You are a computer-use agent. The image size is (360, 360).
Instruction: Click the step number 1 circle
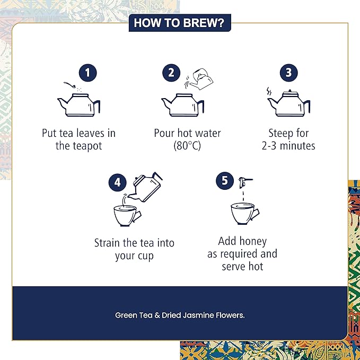pyautogui.click(x=87, y=73)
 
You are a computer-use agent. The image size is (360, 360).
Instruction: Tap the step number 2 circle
pyautogui.click(x=171, y=73)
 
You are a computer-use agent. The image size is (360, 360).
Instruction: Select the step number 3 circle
pyautogui.click(x=289, y=73)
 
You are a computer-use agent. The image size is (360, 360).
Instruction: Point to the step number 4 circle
pyautogui.click(x=117, y=182)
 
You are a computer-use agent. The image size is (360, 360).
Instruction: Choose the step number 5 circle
pyautogui.click(x=225, y=181)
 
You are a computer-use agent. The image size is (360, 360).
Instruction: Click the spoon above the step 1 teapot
pyautogui.click(x=69, y=84)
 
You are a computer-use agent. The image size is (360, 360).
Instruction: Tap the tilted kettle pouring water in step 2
pyautogui.click(x=202, y=79)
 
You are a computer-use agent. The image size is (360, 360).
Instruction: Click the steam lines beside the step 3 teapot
pyautogui.click(x=269, y=91)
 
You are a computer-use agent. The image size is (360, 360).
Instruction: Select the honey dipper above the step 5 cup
pyautogui.click(x=245, y=182)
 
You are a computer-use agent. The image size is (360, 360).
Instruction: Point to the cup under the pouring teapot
pyautogui.click(x=127, y=216)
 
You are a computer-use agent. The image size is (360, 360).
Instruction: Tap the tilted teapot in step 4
pyautogui.click(x=147, y=187)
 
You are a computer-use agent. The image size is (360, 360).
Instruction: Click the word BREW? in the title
pyautogui.click(x=204, y=23)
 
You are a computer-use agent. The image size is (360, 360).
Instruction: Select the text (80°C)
pyautogui.click(x=187, y=146)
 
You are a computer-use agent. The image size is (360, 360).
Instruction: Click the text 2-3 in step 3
pyautogui.click(x=269, y=146)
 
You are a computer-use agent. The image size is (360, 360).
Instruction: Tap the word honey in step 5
pyautogui.click(x=253, y=242)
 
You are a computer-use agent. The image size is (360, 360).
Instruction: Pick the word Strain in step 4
pyautogui.click(x=107, y=243)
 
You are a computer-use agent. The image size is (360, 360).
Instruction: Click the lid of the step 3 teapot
pyautogui.click(x=290, y=93)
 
